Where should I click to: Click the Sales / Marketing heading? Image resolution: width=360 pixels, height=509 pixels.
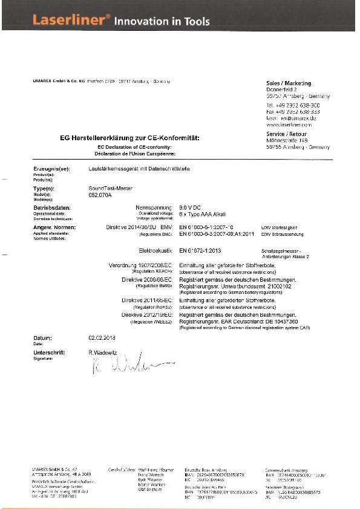289,83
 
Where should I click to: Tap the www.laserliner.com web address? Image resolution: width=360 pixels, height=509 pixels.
287,125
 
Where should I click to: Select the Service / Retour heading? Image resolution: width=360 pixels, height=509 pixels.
286,134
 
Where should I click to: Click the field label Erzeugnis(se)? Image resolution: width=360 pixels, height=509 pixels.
51,169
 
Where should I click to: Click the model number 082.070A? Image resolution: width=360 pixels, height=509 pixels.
100,195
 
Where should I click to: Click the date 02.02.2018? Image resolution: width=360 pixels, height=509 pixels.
101,338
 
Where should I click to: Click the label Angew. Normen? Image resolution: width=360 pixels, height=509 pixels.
54,227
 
